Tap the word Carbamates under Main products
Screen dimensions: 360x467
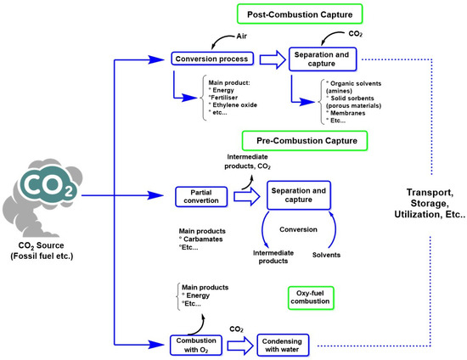click(x=209, y=240)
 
